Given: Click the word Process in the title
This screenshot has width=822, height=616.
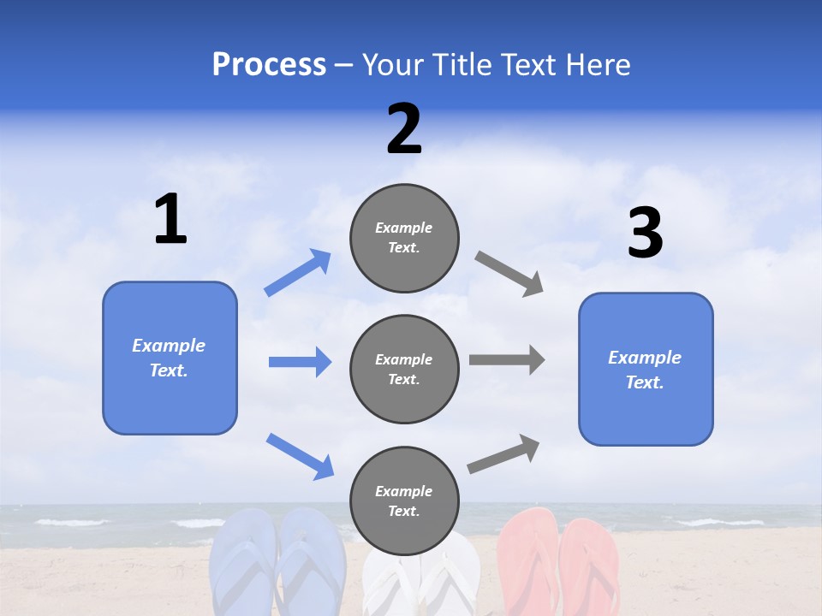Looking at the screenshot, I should (269, 65).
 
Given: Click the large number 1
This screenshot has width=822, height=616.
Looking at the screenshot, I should (170, 220).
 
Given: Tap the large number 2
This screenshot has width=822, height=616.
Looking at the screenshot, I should (404, 130).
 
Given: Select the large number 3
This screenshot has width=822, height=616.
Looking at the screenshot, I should (645, 234).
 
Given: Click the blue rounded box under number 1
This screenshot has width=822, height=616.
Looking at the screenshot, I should (170, 358).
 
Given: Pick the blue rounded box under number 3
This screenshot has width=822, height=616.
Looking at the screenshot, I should (646, 369).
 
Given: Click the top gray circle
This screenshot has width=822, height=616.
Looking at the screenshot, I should (404, 238).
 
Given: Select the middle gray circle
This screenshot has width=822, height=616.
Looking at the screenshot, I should (404, 369).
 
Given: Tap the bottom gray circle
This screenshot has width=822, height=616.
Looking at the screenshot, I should (404, 500).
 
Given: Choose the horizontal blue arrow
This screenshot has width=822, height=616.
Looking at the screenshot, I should (300, 362).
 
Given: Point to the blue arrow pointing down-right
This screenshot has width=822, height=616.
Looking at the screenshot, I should (300, 456).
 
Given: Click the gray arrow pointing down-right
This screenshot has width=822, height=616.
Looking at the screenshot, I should (509, 274).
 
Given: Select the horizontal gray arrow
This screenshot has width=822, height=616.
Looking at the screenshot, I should (507, 359).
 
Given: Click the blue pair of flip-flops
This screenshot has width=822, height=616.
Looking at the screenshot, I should (277, 560).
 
